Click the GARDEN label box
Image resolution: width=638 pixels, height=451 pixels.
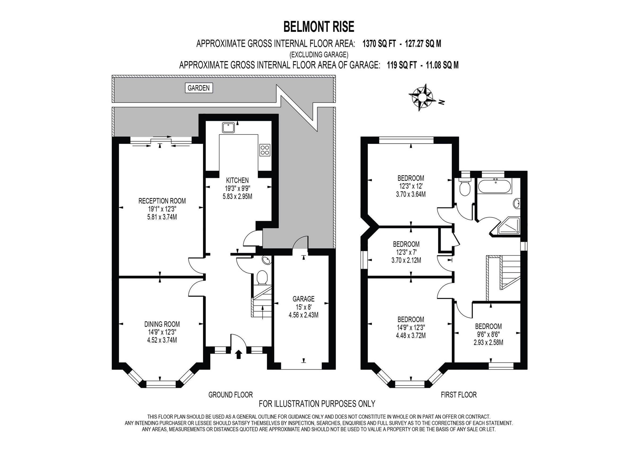pyautogui.click(x=199, y=88)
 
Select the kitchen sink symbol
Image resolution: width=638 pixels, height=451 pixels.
pyautogui.click(x=228, y=128)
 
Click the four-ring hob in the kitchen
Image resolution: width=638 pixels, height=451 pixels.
pyautogui.click(x=265, y=150)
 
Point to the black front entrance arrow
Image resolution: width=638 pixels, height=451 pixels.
pyautogui.click(x=238, y=355)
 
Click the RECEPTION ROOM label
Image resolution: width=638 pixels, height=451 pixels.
pyautogui.click(x=162, y=201)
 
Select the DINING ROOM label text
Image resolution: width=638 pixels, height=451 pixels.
pyautogui.click(x=162, y=324)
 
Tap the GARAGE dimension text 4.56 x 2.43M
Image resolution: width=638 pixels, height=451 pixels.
pyautogui.click(x=303, y=315)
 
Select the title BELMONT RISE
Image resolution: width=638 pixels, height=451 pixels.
pyautogui.click(x=319, y=27)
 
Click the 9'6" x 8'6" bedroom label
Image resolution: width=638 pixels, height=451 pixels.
pyautogui.click(x=488, y=335)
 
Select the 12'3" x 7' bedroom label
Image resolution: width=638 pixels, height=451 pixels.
pyautogui.click(x=406, y=252)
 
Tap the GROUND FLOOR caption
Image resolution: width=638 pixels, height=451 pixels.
pyautogui.click(x=230, y=395)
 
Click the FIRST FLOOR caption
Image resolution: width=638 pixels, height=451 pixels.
pyautogui.click(x=459, y=395)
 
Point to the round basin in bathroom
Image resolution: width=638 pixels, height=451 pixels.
pyautogui.click(x=517, y=204)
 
